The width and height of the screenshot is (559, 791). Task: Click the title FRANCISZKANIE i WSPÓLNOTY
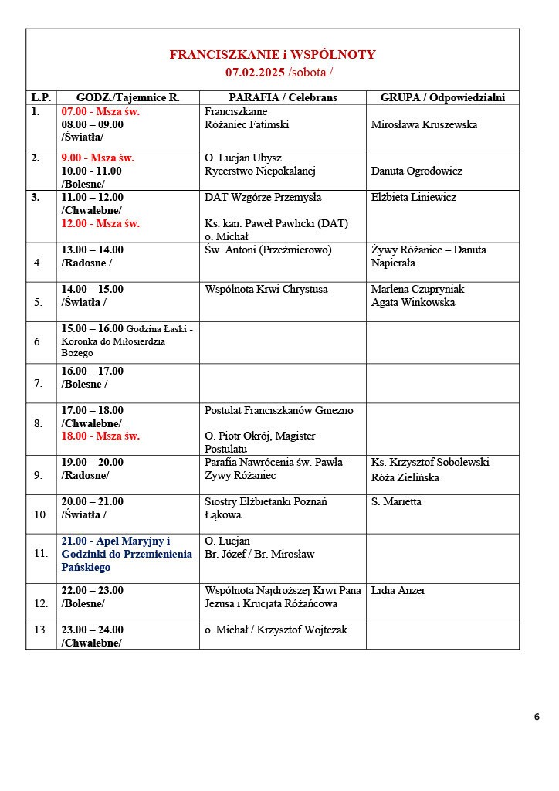tap(273, 55)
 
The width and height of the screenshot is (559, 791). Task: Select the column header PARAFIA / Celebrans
tap(283, 97)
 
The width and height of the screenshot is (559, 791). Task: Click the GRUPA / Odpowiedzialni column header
tap(442, 97)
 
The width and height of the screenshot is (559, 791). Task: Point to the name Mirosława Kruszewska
tap(424, 124)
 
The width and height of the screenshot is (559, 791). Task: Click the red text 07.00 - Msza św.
tap(100, 111)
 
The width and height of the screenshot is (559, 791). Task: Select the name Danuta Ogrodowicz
tap(416, 171)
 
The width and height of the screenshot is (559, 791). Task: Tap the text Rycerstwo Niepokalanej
tap(260, 171)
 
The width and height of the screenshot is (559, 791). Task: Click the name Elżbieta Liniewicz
tap(414, 197)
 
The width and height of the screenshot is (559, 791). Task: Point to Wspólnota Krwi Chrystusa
tap(266, 290)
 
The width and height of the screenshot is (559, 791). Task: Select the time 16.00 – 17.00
tap(93, 372)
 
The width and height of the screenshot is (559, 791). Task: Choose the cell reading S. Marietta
tap(396, 502)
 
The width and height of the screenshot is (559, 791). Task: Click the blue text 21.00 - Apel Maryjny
tap(116, 541)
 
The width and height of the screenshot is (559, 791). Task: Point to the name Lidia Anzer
tap(398, 591)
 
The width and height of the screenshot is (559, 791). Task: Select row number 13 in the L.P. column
tap(40, 630)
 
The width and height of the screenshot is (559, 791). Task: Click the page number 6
tap(537, 716)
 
